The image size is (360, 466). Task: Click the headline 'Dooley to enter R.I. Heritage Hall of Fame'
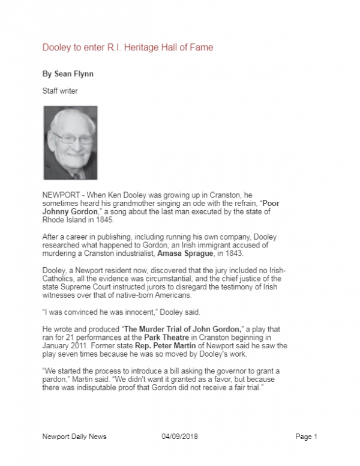pos(127,47)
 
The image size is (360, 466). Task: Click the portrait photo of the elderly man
pos(70,143)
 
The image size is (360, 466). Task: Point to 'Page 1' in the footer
pos(307,437)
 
